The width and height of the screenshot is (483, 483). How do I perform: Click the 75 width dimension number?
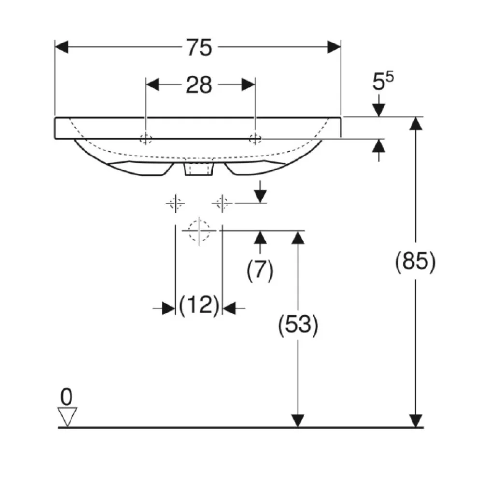pos(199,47)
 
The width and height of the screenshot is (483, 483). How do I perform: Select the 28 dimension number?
pos(199,85)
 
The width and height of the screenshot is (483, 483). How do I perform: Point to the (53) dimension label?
pos(298,325)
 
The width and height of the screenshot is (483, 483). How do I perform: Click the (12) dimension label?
pos(199,305)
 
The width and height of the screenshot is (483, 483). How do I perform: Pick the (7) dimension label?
pos(260,270)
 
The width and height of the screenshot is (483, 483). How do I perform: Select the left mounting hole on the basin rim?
pos(146,139)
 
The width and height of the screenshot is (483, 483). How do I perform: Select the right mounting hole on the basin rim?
pos(256,139)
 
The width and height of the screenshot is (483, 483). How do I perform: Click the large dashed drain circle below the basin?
pos(199,230)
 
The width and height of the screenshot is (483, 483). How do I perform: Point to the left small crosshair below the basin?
pos(176,203)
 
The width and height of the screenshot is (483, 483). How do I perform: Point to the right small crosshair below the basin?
pos(222,203)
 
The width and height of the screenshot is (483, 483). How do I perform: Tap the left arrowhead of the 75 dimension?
pos(61,47)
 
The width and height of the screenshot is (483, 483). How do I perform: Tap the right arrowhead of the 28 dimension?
pos(249,85)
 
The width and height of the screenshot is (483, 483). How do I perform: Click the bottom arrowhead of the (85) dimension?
pos(416,421)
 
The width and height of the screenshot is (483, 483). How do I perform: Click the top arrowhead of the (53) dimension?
pos(298,238)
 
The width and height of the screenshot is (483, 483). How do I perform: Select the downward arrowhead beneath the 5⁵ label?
pos(379,110)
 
